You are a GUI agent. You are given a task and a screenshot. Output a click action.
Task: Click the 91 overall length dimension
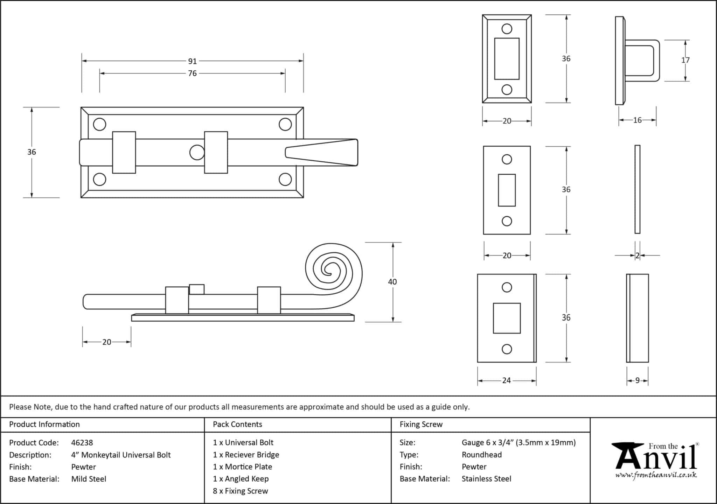(192, 61)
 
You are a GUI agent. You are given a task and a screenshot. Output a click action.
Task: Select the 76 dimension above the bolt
(192, 73)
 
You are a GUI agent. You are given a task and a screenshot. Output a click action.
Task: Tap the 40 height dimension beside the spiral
(392, 282)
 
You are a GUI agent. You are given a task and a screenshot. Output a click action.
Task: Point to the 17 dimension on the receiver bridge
(685, 60)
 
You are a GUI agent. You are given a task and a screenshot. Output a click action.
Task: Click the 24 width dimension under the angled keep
(506, 380)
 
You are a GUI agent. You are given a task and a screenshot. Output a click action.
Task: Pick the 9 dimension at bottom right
(637, 380)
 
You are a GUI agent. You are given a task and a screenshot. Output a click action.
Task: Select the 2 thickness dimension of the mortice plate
(637, 255)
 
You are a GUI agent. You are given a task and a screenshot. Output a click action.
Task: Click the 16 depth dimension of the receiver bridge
(637, 120)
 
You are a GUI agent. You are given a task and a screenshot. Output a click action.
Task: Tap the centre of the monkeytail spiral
(328, 269)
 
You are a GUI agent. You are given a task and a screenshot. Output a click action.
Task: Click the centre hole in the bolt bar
(197, 153)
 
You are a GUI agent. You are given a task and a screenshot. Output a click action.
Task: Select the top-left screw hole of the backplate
(99, 124)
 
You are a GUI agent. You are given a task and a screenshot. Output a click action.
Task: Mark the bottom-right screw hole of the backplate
(285, 180)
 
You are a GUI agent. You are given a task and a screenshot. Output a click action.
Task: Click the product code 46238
(82, 443)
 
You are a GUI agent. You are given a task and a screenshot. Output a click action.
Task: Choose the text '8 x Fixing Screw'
(240, 491)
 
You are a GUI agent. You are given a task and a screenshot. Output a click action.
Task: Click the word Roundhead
(481, 455)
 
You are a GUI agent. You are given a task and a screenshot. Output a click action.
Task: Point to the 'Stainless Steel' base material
(486, 479)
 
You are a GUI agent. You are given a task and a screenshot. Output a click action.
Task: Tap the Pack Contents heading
(237, 425)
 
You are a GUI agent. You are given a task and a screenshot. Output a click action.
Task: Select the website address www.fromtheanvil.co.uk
(656, 475)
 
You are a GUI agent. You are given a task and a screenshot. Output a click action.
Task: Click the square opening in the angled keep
(507, 318)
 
